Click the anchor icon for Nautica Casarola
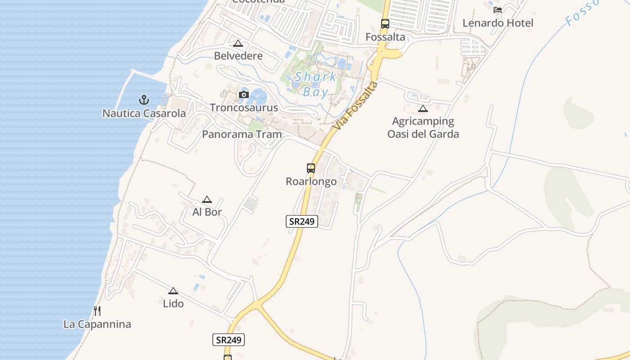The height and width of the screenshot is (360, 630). click(144, 99)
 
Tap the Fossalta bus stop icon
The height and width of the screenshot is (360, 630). click(385, 23)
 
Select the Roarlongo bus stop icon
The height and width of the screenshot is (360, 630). click(311, 168)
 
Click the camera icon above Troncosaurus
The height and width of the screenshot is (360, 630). click(244, 94)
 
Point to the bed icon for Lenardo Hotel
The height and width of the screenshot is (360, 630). click(498, 9)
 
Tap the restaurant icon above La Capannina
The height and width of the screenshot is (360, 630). click(97, 310)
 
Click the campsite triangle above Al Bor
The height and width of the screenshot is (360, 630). click(207, 199)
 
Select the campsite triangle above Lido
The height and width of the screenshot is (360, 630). click(173, 291)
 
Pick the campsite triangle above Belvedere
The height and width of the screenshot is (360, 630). click(238, 43)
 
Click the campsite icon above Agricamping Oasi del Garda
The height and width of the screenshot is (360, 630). click(423, 108)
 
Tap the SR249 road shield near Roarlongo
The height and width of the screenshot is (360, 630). click(302, 221)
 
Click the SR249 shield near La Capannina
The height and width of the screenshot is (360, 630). click(229, 340)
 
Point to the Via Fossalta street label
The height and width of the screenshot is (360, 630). click(355, 106)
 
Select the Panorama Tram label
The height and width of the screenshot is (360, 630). click(242, 134)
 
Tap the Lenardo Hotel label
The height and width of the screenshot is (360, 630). click(498, 23)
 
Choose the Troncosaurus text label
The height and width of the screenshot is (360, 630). click(244, 108)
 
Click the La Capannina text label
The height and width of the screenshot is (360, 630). click(97, 324)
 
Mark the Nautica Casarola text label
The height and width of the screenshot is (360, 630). click(144, 113)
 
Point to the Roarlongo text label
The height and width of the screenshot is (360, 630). click(311, 181)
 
